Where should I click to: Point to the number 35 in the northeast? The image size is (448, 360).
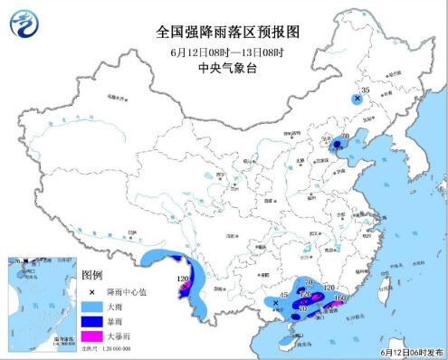[366, 91]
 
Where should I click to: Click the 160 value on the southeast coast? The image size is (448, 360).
[341, 296]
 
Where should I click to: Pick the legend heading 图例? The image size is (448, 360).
[91, 274]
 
